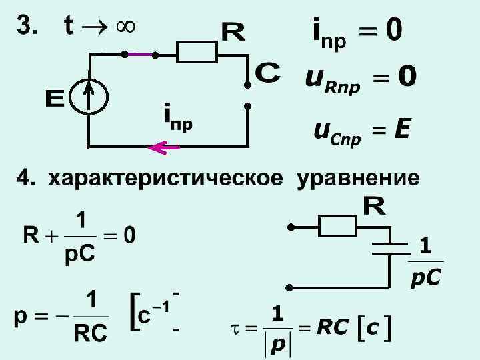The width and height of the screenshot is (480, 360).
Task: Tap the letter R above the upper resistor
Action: click(x=233, y=31)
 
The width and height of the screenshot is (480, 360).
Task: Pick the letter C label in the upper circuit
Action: click(x=268, y=72)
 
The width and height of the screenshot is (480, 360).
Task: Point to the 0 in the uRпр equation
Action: click(x=406, y=79)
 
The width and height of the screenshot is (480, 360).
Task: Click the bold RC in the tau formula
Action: click(x=333, y=328)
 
